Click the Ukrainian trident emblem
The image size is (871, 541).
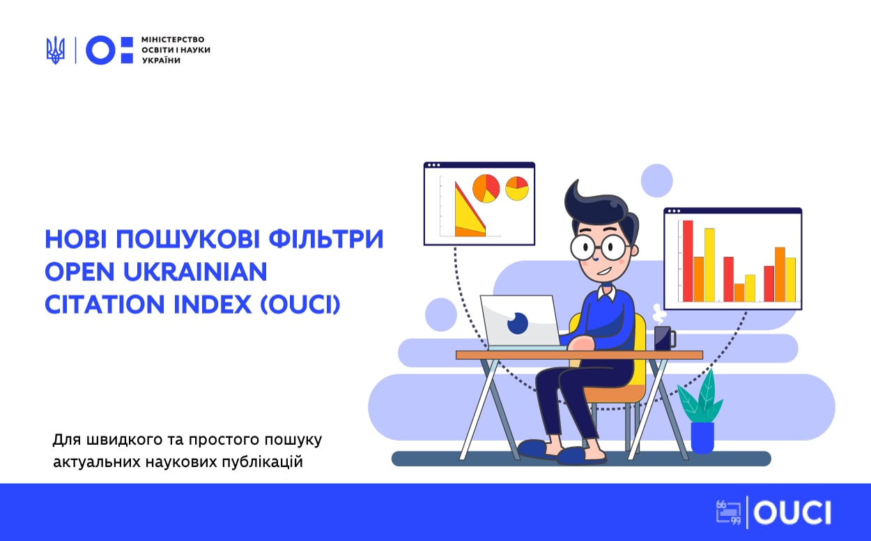56,50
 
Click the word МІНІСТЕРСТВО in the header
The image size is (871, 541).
173,40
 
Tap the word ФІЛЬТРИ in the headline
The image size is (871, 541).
326,239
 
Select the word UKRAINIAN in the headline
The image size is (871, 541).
195,271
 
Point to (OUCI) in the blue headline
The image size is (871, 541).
300,304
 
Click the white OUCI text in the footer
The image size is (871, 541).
792,512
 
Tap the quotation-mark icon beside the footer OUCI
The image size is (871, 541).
728,512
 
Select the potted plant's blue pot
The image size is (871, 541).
702,438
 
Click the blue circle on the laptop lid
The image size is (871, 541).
518,323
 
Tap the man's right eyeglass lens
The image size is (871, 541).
614,247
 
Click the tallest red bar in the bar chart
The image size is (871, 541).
688,261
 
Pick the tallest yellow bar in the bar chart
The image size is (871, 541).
709,265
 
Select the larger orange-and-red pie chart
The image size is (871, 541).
486,188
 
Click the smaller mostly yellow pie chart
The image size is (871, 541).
517,188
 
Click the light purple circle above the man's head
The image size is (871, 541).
657,181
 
